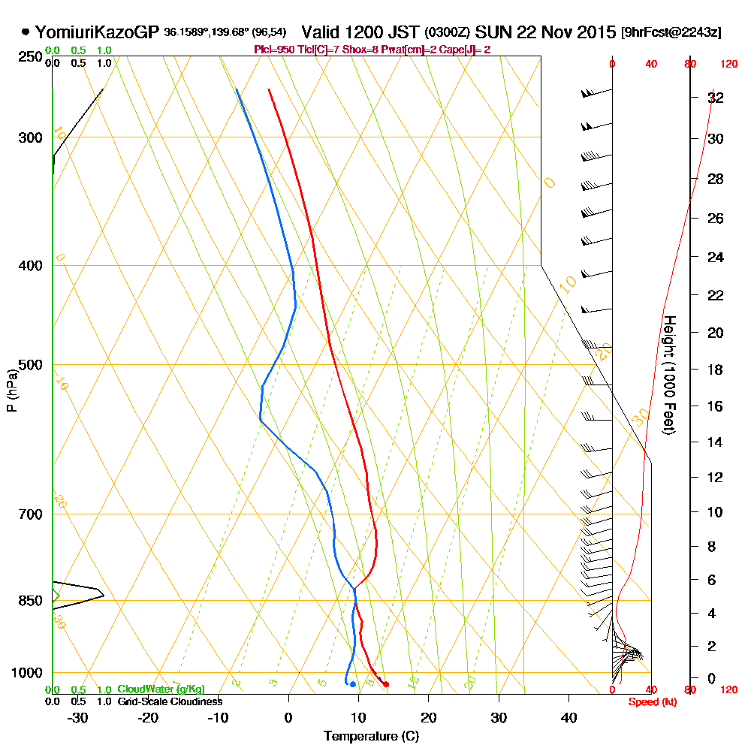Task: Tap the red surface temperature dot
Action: [x=386, y=684]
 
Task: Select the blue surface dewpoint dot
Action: [x=352, y=684]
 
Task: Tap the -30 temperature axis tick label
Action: [x=77, y=717]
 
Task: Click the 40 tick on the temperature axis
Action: [x=569, y=717]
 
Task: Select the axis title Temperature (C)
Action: [x=371, y=737]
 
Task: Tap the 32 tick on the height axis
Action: [x=716, y=98]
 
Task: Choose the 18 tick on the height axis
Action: [x=716, y=369]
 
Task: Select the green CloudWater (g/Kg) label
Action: [x=161, y=689]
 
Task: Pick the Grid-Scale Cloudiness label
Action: [x=169, y=701]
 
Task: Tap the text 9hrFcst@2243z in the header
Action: [x=671, y=32]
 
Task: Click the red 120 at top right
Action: [x=728, y=65]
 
